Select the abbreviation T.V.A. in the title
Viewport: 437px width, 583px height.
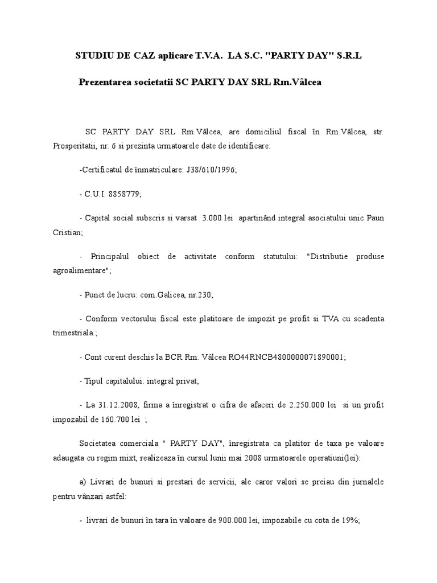[203, 55]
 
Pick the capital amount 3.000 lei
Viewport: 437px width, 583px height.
[217, 219]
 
